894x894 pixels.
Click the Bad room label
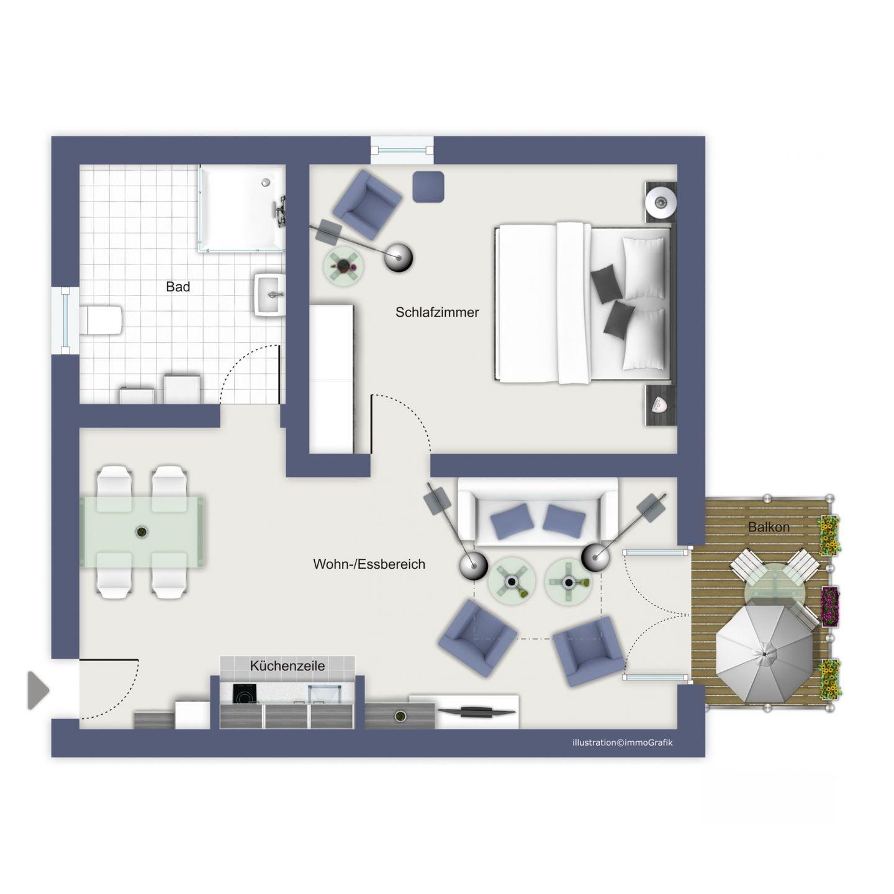coord(178,287)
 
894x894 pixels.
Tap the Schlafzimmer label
coord(437,312)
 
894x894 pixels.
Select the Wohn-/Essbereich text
coord(369,564)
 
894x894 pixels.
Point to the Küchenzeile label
coord(287,666)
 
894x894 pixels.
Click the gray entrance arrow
coord(38,690)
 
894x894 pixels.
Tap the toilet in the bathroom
coord(101,319)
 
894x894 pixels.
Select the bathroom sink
coord(269,294)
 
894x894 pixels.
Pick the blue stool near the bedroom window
coord(428,186)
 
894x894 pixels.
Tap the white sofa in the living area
coord(538,512)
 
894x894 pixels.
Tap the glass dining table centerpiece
coord(142,532)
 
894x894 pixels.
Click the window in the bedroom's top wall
coord(402,150)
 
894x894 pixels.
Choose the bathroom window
coord(65,320)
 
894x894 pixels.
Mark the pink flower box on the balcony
coord(831,607)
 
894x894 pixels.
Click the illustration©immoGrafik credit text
coord(622,743)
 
